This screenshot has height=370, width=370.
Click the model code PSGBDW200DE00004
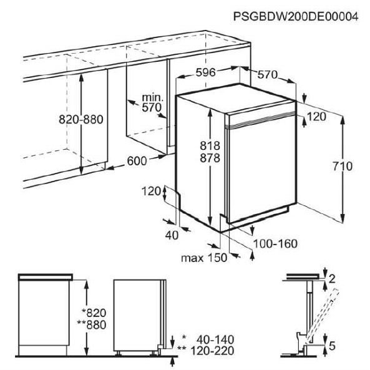click(x=296, y=17)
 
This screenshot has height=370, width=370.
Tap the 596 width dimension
click(x=206, y=72)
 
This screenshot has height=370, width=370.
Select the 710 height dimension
click(x=343, y=167)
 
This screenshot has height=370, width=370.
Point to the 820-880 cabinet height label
click(x=81, y=119)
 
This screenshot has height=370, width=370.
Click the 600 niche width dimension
click(x=137, y=161)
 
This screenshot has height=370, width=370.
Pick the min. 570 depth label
click(x=152, y=103)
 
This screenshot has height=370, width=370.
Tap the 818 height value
click(x=210, y=146)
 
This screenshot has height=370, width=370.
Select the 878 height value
click(x=210, y=158)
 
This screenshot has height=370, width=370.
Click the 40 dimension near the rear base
click(x=172, y=235)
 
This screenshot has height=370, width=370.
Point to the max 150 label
click(x=204, y=258)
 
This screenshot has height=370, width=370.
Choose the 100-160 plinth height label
click(x=275, y=244)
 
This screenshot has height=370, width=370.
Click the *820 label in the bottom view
click(x=94, y=313)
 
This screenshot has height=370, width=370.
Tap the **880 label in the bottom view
click(x=92, y=325)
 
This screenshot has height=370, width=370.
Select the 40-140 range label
click(x=215, y=340)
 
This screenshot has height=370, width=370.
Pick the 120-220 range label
click(x=212, y=351)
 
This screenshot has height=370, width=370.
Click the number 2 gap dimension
click(x=332, y=279)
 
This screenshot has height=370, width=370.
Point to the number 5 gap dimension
click(x=332, y=346)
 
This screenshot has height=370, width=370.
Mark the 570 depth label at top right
click(x=267, y=75)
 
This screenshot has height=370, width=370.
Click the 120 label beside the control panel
click(x=317, y=117)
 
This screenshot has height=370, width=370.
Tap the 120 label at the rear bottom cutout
click(x=151, y=191)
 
